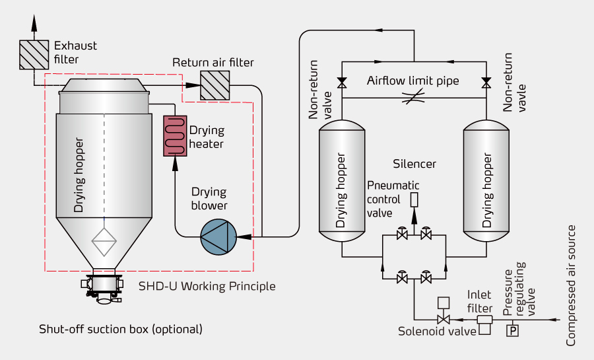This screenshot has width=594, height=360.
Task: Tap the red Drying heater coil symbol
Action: (175, 135)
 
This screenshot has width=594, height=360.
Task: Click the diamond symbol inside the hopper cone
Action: (104, 242)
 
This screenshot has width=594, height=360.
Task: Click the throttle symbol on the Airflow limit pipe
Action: (414, 97)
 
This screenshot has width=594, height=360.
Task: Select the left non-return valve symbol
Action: (341, 83)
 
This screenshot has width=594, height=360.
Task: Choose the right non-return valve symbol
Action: (486, 83)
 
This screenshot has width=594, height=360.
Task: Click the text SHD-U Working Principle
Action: (207, 287)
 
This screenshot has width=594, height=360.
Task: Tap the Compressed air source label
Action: (572, 285)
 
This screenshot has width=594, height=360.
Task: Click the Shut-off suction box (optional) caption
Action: (121, 328)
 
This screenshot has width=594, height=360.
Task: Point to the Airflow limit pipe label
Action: (412, 81)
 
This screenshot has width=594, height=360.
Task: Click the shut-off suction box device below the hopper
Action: (103, 287)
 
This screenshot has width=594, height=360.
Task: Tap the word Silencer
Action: (414, 163)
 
